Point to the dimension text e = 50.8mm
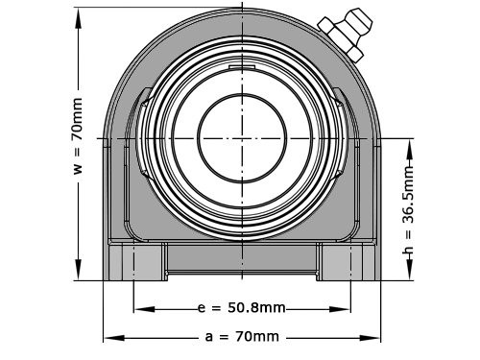tap(243, 310)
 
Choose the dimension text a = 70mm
tap(242, 337)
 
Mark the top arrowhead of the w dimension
tap(79, 11)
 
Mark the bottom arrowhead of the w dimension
tap(79, 276)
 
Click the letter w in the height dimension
tap(79, 169)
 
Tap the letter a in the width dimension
tap(209, 337)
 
